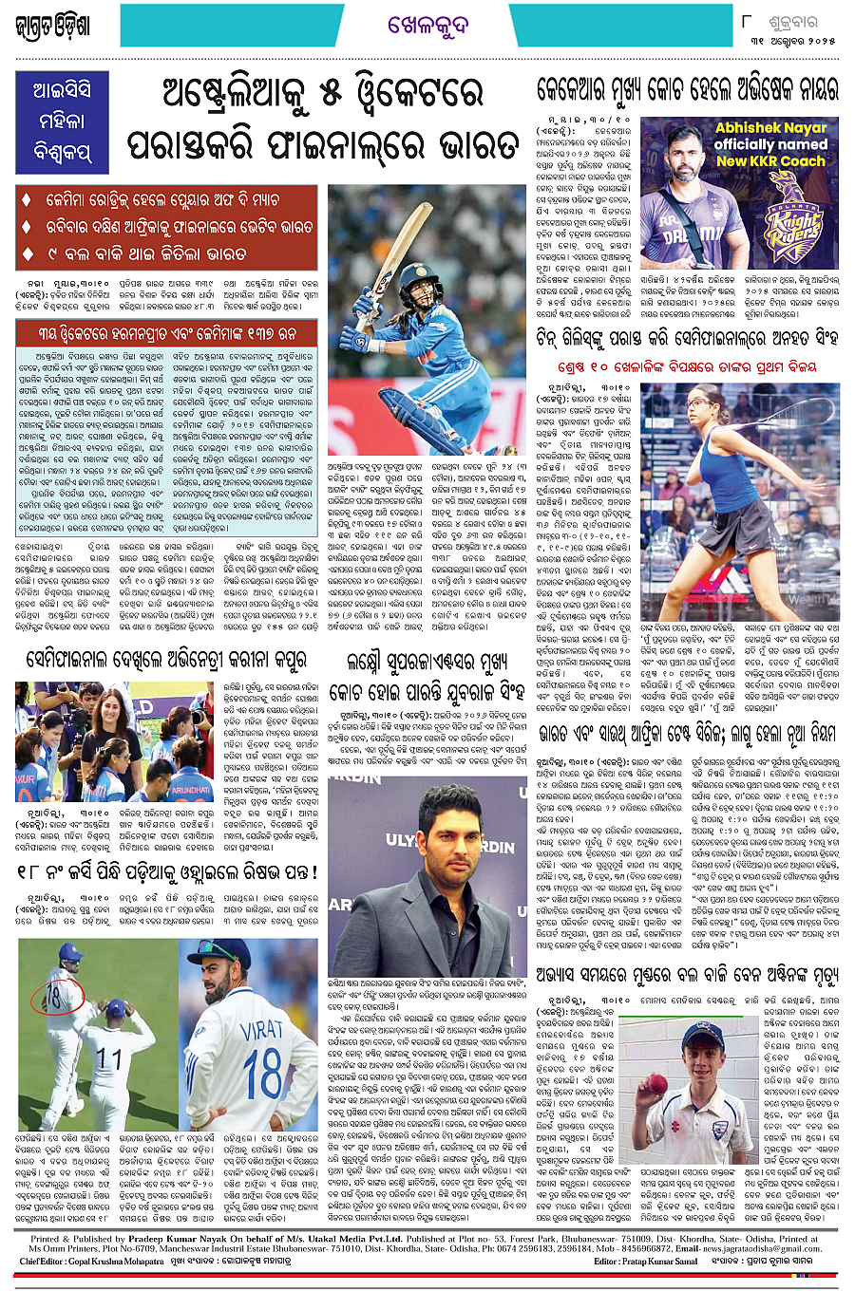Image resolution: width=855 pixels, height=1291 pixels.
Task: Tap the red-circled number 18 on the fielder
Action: (54, 997)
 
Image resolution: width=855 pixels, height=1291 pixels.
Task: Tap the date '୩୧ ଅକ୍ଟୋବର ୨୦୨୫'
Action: (791, 41)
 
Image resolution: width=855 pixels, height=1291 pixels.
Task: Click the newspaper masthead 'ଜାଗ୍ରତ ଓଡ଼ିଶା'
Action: (54, 26)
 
